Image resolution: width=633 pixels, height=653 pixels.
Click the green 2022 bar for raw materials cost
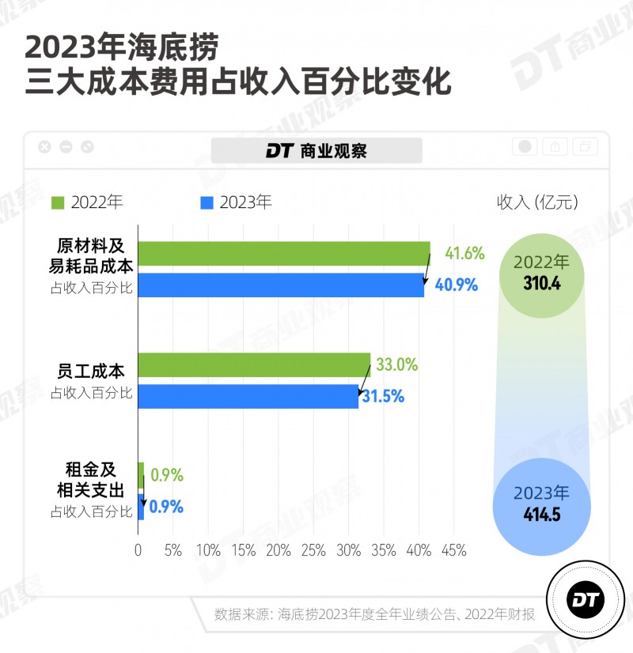click(x=284, y=254)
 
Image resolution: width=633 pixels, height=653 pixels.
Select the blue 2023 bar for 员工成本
click(x=248, y=397)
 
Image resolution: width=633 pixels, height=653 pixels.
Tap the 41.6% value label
click(x=464, y=254)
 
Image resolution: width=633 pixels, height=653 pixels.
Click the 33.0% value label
click(x=397, y=365)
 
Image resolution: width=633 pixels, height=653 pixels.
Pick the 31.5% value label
click(x=383, y=397)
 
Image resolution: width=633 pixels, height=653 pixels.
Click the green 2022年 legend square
click(x=58, y=202)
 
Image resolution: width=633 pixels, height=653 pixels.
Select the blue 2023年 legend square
click(x=207, y=202)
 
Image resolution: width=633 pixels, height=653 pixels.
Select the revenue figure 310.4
click(x=542, y=284)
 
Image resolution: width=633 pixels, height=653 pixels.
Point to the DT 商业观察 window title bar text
click(x=316, y=150)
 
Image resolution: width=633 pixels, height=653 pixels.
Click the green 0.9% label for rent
click(x=167, y=476)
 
